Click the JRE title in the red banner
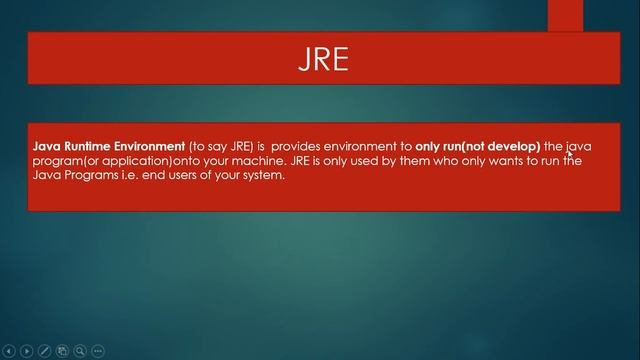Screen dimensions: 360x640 point(323,59)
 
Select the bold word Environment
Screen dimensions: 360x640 point(147,146)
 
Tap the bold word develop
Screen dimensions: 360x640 point(513,146)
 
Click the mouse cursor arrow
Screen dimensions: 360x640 point(570,154)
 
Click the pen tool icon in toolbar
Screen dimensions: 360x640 point(45,351)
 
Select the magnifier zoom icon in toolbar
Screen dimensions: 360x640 point(80,351)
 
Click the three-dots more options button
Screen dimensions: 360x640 point(98,351)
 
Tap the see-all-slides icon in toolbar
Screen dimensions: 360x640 point(62,351)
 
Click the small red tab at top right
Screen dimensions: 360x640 point(565,15)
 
